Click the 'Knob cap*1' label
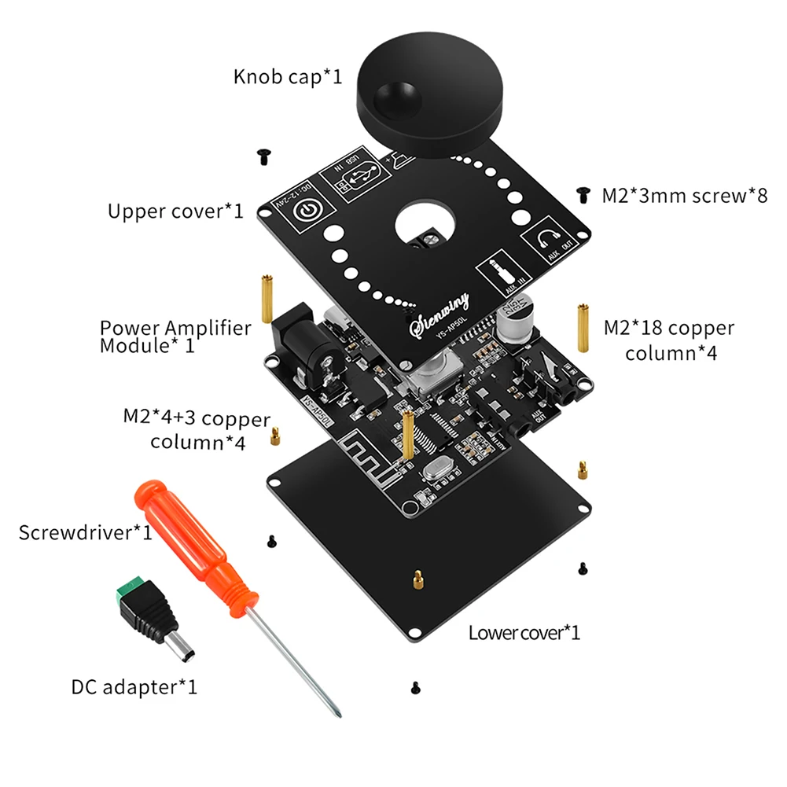tap(288, 77)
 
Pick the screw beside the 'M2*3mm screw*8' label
tap(583, 193)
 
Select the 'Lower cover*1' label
tap(524, 632)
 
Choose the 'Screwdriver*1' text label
tap(86, 532)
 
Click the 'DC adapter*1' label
tap(134, 686)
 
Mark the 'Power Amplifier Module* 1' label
tap(175, 336)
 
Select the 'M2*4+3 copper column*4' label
tap(197, 430)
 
